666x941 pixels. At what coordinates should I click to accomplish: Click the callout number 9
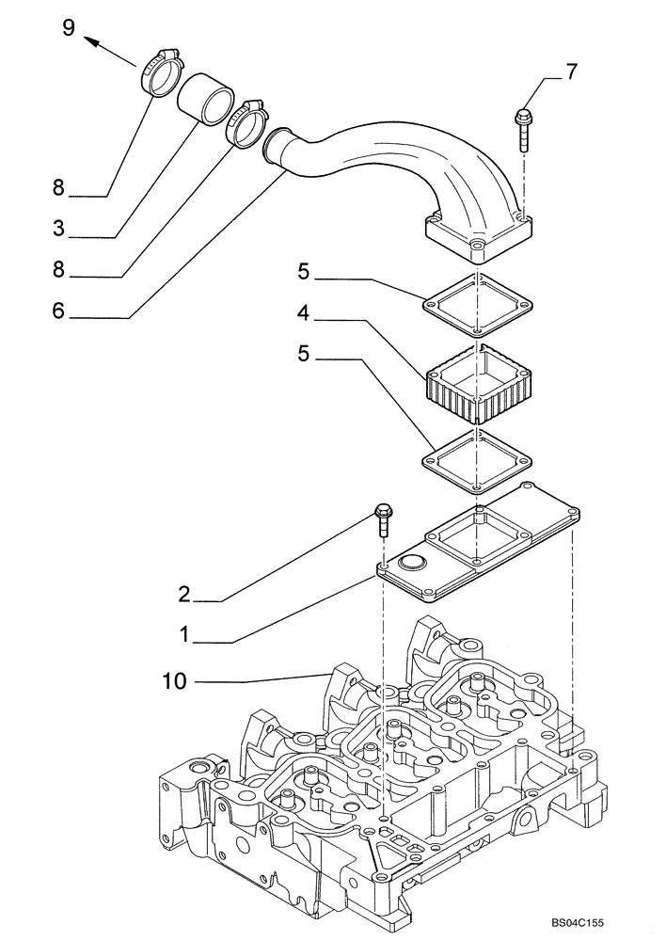click(68, 27)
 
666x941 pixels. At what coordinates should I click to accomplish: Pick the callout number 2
click(185, 594)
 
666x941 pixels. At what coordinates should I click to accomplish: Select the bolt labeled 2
click(383, 520)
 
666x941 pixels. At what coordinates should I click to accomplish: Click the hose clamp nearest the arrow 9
click(161, 72)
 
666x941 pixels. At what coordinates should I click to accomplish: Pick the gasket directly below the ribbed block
click(479, 458)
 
